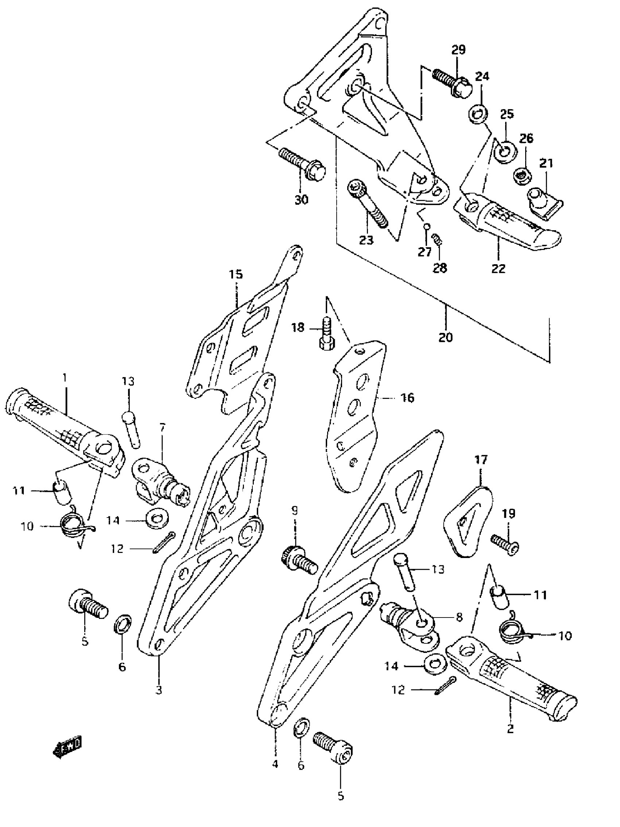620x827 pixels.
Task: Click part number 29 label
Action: click(x=458, y=50)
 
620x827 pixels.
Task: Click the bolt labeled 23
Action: click(x=368, y=204)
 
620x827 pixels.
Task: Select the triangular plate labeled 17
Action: click(x=467, y=521)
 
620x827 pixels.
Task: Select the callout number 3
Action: click(x=159, y=690)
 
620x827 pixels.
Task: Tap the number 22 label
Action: click(x=498, y=269)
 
